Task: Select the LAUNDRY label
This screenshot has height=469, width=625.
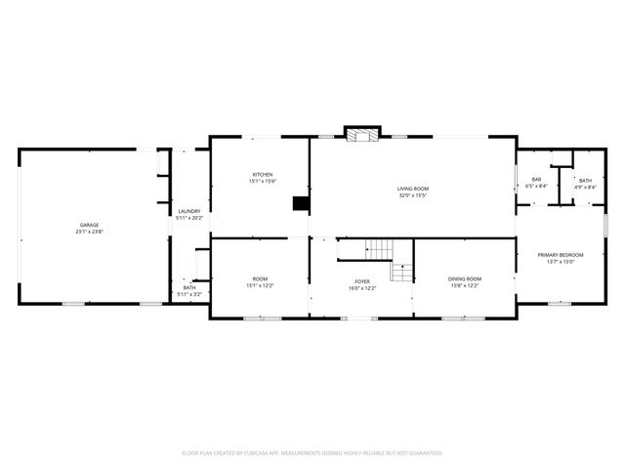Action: (x=188, y=211)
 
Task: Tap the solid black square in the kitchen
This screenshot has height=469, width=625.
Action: (x=301, y=204)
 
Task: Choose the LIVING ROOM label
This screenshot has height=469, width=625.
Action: (x=412, y=188)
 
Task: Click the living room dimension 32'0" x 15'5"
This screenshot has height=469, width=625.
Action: (x=412, y=194)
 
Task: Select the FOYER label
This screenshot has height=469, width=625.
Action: (x=361, y=282)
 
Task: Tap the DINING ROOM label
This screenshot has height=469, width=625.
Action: (x=464, y=278)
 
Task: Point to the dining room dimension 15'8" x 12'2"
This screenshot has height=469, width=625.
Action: (x=464, y=285)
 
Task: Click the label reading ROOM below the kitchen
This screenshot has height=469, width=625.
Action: (x=260, y=278)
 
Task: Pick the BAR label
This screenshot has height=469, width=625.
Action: (x=536, y=179)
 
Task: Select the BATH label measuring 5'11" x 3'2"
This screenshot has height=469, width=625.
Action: (x=188, y=287)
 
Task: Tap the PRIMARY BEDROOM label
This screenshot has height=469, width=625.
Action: (x=561, y=254)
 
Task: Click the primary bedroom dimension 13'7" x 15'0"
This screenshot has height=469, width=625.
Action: (x=561, y=261)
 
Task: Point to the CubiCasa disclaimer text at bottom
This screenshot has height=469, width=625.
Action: (x=312, y=452)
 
